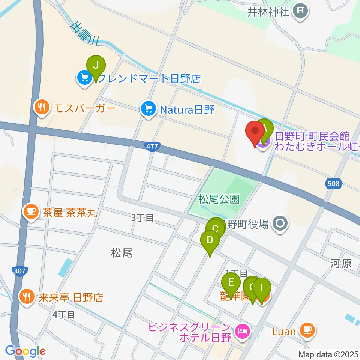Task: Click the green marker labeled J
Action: click(96, 66)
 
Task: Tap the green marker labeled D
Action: click(210, 240)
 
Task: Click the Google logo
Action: click(25, 351)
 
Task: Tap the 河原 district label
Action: click(341, 263)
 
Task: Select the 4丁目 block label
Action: click(64, 314)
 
